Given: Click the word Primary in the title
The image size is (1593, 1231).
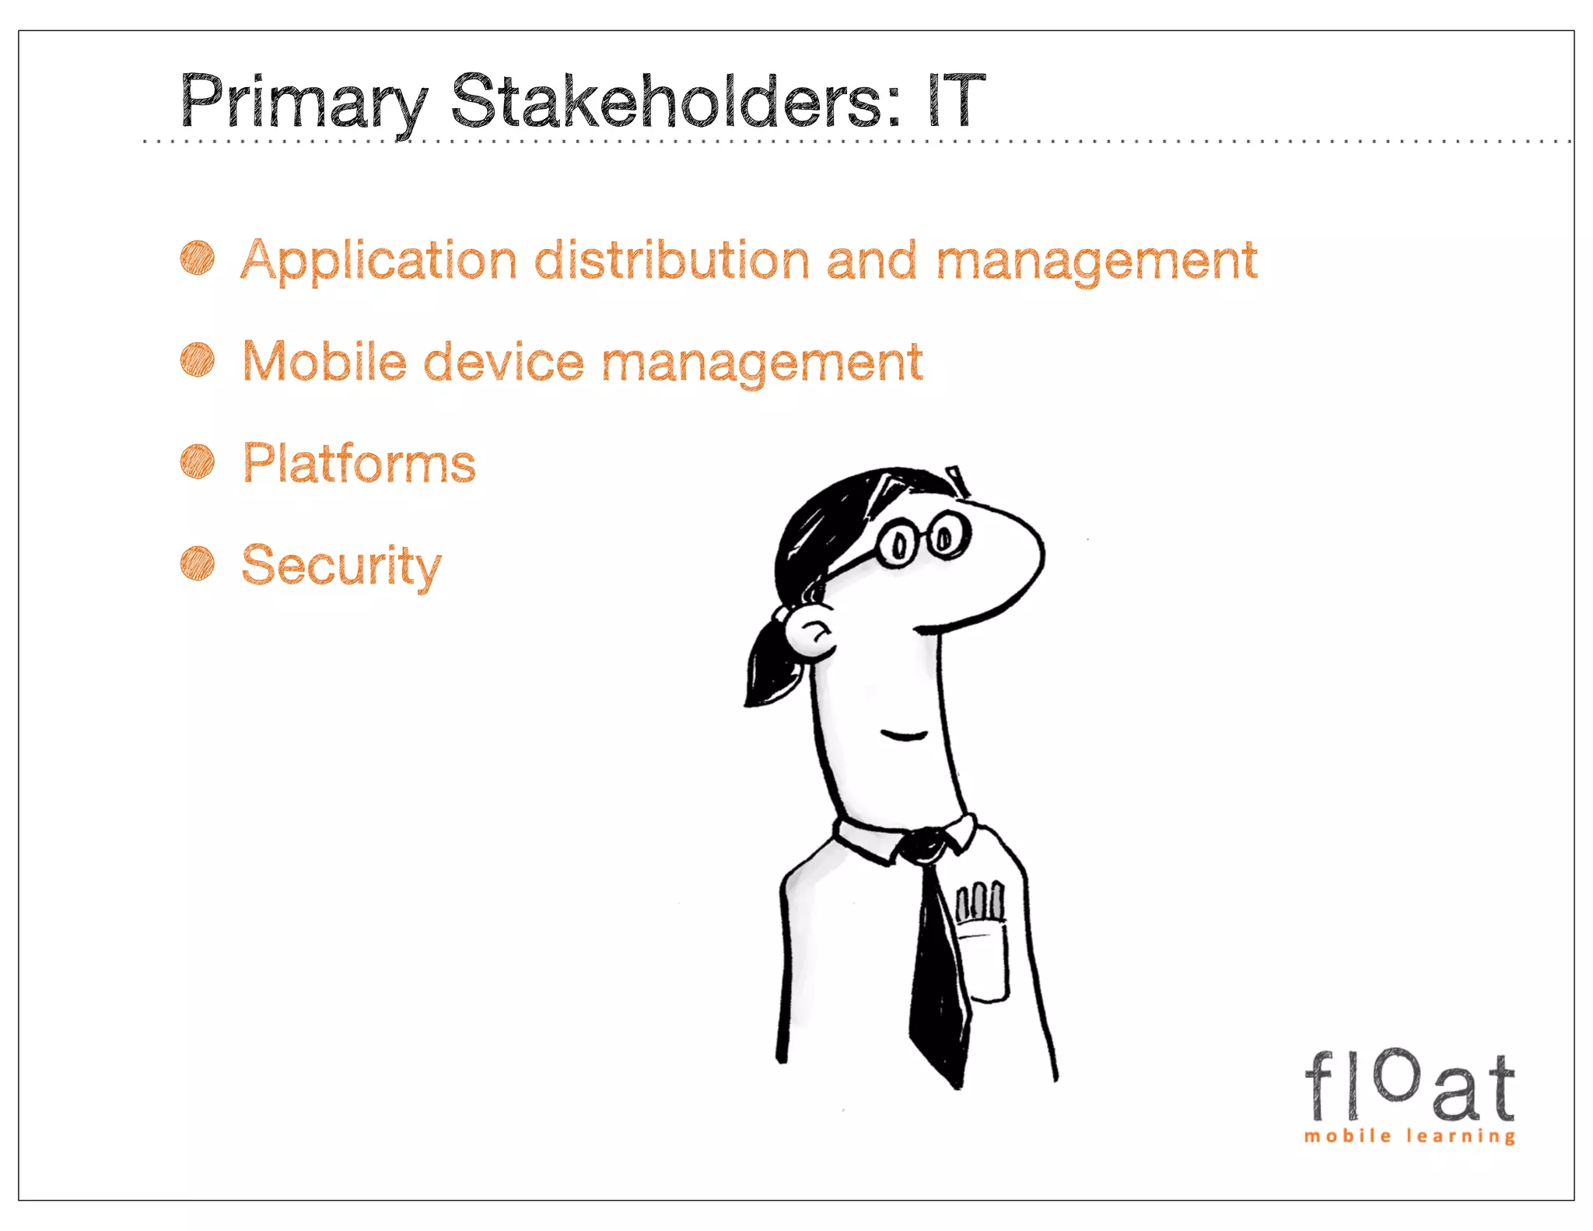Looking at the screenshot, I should tap(303, 102).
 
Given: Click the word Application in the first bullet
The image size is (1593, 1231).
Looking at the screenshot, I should tap(378, 261).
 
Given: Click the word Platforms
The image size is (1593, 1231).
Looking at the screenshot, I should tap(359, 464).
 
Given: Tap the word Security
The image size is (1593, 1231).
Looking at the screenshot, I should tap(341, 566).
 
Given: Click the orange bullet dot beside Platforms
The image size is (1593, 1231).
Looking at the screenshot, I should tap(198, 462).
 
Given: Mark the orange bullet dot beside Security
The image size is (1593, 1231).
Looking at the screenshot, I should tap(198, 564).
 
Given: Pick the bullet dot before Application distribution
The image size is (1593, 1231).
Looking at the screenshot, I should tap(198, 258).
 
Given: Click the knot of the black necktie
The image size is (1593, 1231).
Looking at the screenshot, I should tap(924, 846).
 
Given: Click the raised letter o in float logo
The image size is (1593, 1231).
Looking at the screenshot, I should tap(1397, 1075).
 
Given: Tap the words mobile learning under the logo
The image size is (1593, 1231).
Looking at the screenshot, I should tap(1409, 1136).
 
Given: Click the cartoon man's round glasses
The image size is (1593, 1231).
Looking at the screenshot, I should tap(923, 539).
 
